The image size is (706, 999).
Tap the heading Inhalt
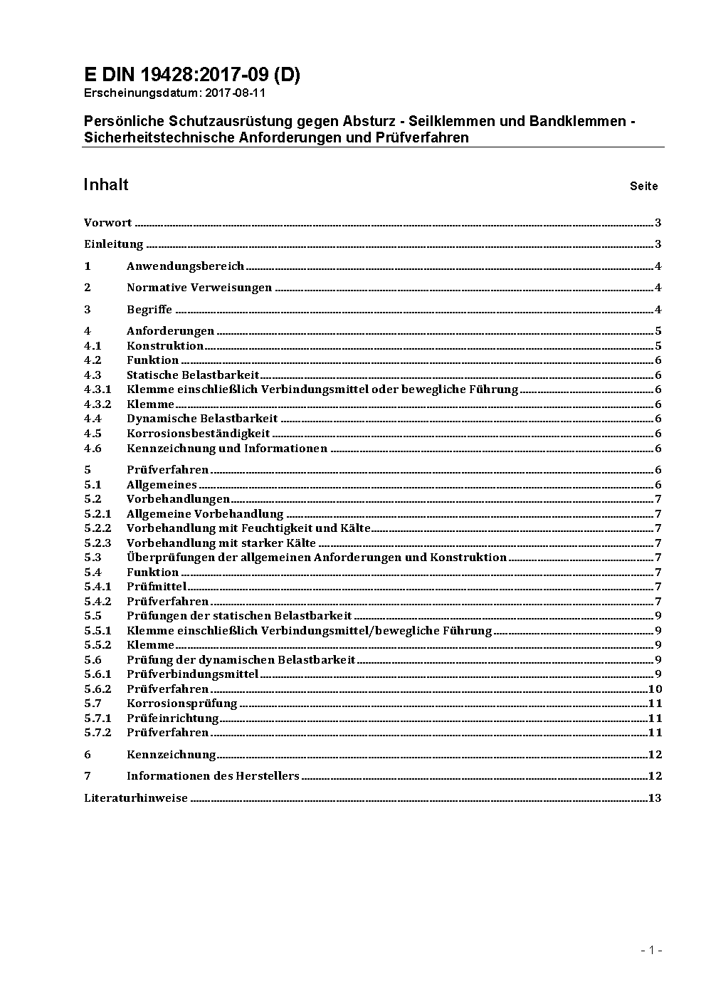[x=105, y=185]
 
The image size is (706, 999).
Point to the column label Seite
[x=643, y=187]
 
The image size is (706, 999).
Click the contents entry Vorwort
[x=107, y=223]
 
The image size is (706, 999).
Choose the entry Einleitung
[x=114, y=244]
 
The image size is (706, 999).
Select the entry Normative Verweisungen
[x=199, y=288]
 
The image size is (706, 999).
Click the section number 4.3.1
[x=98, y=389]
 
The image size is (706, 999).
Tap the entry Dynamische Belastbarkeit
[x=202, y=419]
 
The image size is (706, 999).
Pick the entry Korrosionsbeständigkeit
[x=198, y=434]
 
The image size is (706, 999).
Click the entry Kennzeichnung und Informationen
[x=227, y=449]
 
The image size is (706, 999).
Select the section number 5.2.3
[x=98, y=543]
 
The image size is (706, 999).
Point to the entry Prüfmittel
[x=156, y=587]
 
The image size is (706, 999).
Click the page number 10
[x=655, y=689]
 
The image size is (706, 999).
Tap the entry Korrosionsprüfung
[x=181, y=704]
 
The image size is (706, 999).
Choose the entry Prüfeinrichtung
[x=172, y=718]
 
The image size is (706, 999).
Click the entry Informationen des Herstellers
[x=213, y=776]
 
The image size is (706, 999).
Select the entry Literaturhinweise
[x=136, y=798]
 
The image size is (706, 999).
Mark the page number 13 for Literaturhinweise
[x=655, y=798]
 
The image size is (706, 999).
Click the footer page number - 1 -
[x=651, y=950]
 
